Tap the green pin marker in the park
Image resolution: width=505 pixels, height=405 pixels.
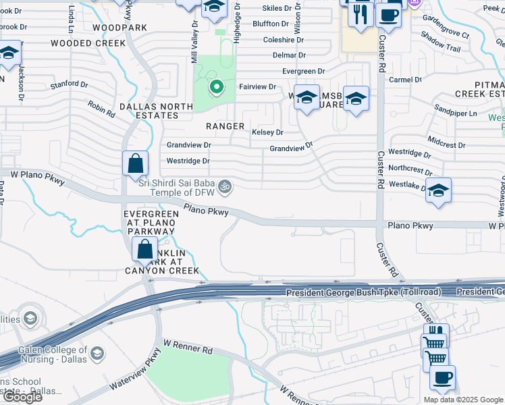point(216,86)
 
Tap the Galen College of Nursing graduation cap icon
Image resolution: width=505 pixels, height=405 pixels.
point(97,354)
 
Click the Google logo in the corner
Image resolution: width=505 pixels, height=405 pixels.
point(22,397)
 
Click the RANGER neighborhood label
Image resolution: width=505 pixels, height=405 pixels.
point(225,126)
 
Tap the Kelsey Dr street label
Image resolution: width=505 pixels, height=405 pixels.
point(267,132)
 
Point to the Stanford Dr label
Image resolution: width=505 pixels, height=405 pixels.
point(70,85)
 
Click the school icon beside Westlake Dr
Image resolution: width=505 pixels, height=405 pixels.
point(438,192)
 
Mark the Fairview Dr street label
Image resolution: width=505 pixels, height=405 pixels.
point(257,86)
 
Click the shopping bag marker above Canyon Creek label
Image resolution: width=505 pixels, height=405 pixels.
point(145,250)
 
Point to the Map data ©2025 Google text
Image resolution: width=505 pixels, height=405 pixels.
point(462,400)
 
